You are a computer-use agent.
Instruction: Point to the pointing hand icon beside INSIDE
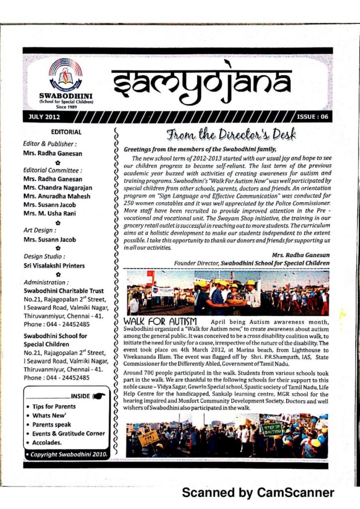coord(99,396)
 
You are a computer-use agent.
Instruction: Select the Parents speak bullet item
coord(52,424)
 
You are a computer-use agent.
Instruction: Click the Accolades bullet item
coord(47,442)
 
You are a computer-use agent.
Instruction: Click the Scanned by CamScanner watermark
coord(258,493)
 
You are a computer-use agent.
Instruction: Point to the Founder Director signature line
coord(251,262)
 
